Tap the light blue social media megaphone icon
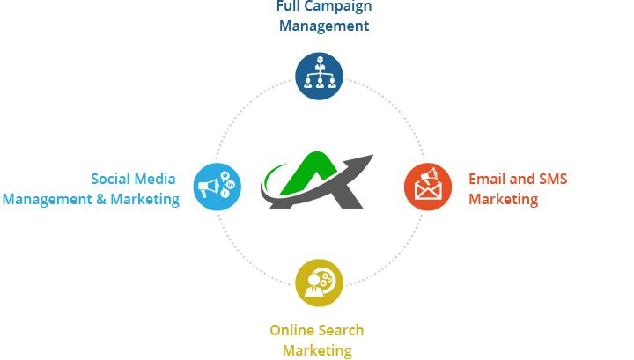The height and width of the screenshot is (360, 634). (x=215, y=186)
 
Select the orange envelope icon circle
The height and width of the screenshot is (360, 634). (x=427, y=186)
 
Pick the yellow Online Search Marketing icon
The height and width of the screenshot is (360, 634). (x=319, y=282)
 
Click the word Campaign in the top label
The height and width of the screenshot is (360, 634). (x=339, y=6)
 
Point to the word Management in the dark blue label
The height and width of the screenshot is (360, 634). (x=323, y=26)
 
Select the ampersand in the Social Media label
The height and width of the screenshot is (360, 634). (x=99, y=199)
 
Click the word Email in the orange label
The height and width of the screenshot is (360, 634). (x=485, y=180)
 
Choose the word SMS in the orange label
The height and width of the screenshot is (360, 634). (x=551, y=180)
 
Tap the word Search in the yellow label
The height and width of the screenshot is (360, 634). (x=343, y=331)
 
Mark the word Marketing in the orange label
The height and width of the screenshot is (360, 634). (x=503, y=199)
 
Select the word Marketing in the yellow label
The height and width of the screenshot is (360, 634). (x=317, y=350)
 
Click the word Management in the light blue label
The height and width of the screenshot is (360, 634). (x=48, y=199)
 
